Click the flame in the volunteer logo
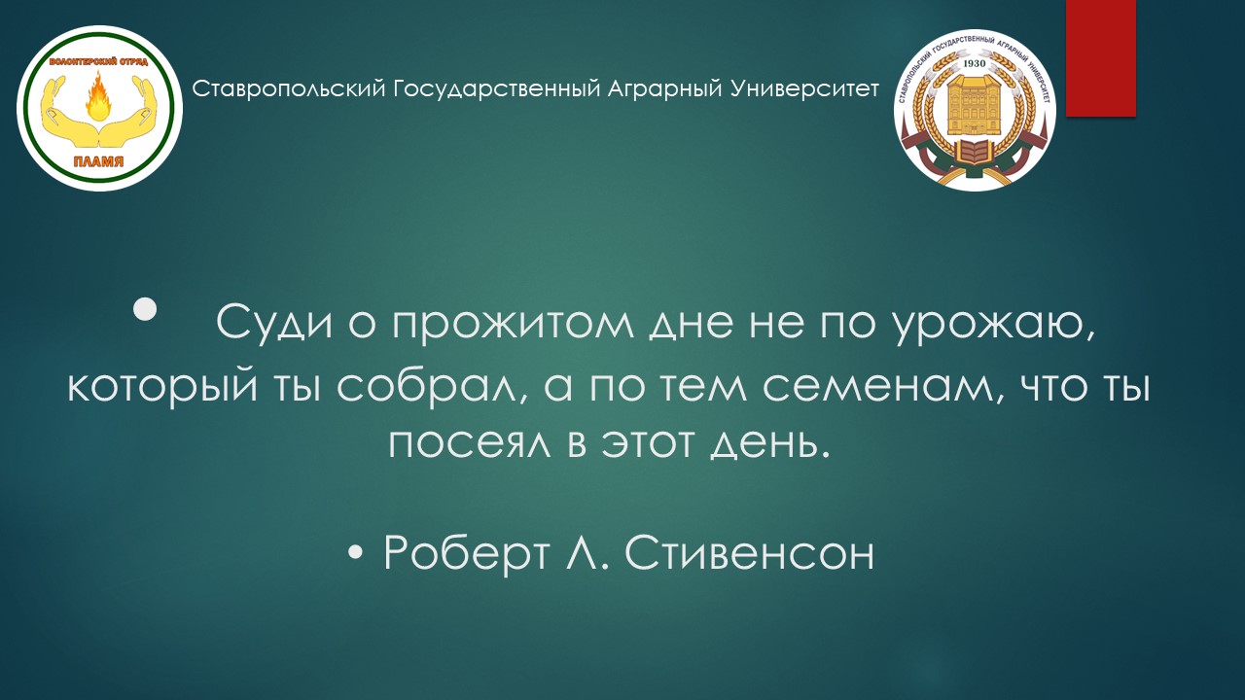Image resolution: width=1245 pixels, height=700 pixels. tap(99, 99)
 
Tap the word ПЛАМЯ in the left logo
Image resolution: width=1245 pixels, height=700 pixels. tap(99, 161)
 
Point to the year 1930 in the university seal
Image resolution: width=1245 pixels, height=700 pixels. tap(974, 63)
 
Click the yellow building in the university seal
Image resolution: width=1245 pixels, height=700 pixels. tap(974, 106)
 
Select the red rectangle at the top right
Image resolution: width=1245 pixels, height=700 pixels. tap(1100, 57)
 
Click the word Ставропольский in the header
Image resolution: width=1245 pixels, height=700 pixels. tap(290, 88)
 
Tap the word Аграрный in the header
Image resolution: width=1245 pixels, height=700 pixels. tap(665, 88)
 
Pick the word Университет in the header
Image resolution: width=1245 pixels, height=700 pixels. tap(805, 88)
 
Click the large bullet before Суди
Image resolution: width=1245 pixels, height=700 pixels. tap(146, 309)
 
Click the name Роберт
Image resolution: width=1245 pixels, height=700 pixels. tap(466, 553)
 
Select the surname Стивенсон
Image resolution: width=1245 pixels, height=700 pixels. tap(750, 554)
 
